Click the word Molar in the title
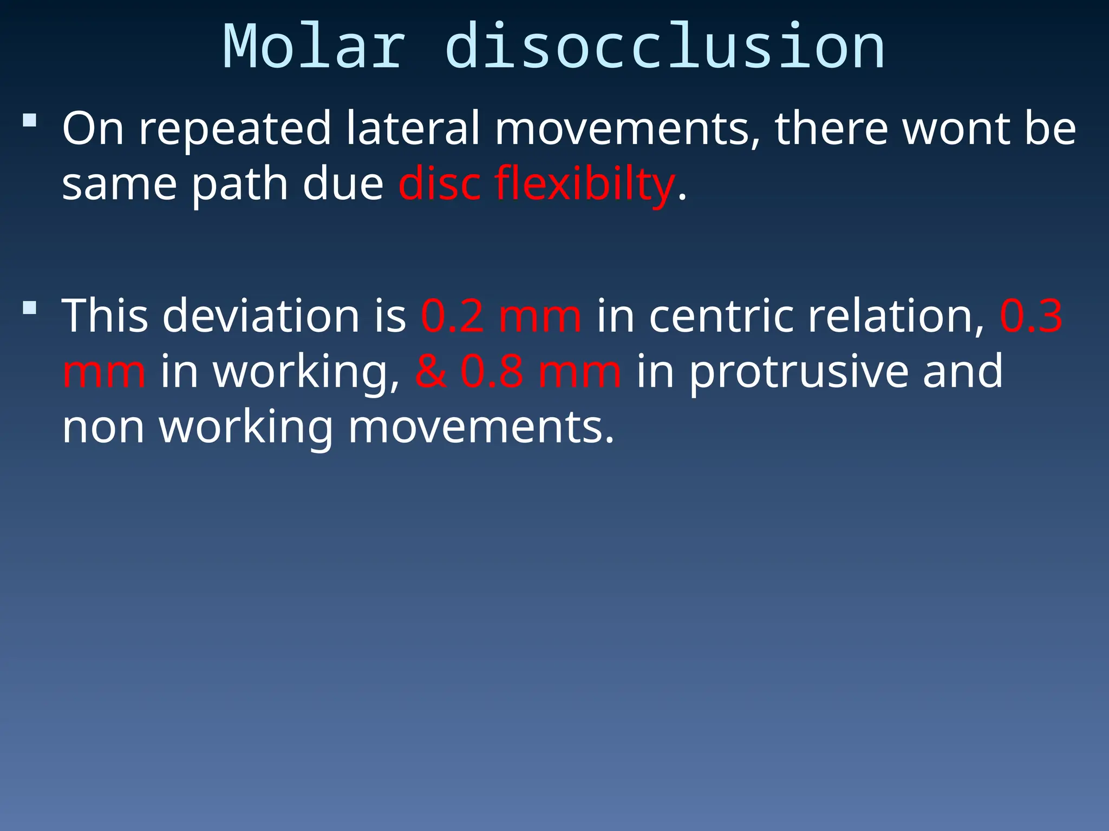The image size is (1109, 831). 314,48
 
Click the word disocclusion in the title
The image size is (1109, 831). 665,48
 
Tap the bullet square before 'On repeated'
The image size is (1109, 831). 30,120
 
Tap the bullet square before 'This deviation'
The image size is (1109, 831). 30,308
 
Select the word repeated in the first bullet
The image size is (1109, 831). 235,130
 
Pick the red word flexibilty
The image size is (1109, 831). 584,185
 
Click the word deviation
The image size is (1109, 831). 261,316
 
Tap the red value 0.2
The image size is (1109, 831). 452,316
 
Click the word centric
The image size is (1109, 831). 721,316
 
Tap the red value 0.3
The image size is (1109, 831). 1031,316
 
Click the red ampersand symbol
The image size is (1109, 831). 431,372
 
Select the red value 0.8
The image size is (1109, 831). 492,372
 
